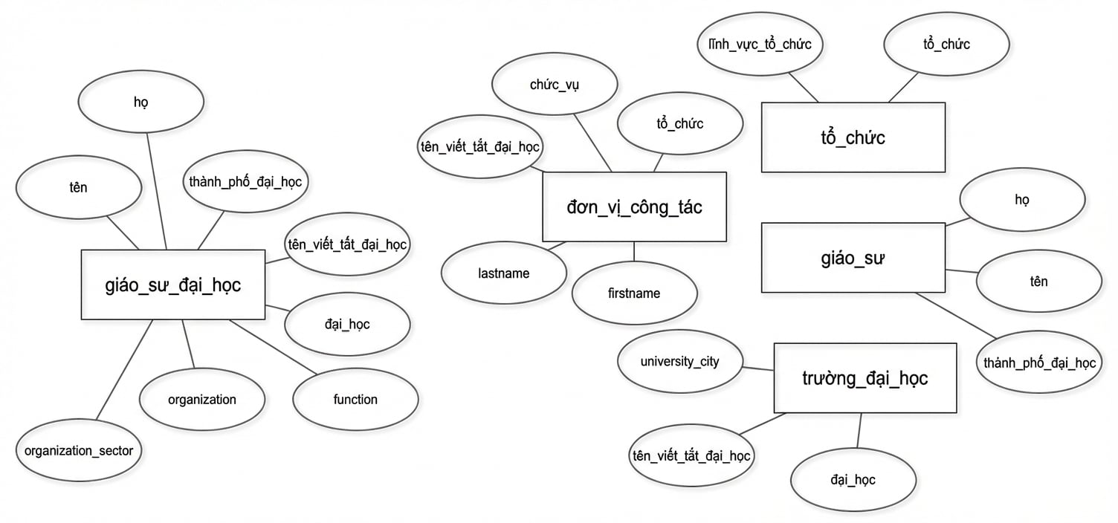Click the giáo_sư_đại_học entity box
[173, 285]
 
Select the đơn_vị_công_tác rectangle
[634, 207]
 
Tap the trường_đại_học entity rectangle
[865, 378]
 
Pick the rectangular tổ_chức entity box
[853, 137]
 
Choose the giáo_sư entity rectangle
[853, 258]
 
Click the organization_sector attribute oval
[79, 450]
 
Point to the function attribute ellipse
[355, 400]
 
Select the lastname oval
[504, 273]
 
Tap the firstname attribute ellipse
[634, 293]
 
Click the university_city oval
[680, 362]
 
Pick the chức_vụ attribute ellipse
[555, 84]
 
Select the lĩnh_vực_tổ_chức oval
[760, 45]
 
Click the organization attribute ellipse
[202, 400]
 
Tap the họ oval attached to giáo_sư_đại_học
[141, 102]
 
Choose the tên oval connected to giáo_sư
[1039, 282]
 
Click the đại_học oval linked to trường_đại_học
[853, 480]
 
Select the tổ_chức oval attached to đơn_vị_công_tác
[680, 123]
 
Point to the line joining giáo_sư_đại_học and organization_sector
[124, 369]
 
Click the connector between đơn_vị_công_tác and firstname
[634, 252]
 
